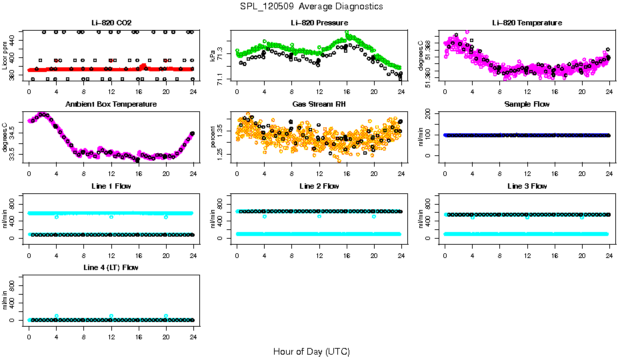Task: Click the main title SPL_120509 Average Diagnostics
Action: click(312, 6)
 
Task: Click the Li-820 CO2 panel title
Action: click(111, 23)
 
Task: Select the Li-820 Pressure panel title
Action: click(319, 23)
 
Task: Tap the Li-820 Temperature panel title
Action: click(527, 23)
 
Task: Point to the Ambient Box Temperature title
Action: click(111, 105)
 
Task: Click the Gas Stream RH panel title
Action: click(319, 105)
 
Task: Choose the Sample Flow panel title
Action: click(527, 105)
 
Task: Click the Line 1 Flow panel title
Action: click(111, 186)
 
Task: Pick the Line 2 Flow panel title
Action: click(319, 186)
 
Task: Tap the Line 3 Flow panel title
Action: click(527, 186)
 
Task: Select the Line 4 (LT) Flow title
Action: click(111, 267)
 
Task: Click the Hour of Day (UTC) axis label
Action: click(311, 351)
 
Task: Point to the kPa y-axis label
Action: click(213, 56)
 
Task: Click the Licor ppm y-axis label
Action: click(5, 56)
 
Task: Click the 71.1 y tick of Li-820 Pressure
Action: click(221, 79)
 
